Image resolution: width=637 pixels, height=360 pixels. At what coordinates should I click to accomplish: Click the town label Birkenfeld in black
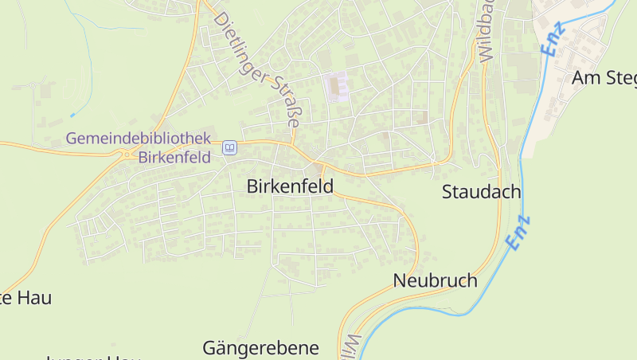tap(290, 187)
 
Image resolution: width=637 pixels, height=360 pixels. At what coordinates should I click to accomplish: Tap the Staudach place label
tap(481, 192)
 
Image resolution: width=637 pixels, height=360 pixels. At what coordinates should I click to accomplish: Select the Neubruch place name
tap(435, 280)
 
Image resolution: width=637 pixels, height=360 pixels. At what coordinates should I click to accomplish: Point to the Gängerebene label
tap(260, 348)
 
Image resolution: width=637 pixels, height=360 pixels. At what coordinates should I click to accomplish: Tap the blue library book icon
tap(230, 147)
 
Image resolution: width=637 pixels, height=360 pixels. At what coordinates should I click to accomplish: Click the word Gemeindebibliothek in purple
tap(138, 138)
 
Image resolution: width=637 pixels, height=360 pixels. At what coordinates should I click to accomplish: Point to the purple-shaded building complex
tap(338, 86)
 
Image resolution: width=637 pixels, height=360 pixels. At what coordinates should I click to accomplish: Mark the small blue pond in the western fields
tap(72, 116)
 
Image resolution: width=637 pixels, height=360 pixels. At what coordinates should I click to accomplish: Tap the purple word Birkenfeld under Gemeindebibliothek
tap(174, 157)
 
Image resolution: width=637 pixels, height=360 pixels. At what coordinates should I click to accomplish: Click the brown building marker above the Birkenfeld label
tap(319, 167)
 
